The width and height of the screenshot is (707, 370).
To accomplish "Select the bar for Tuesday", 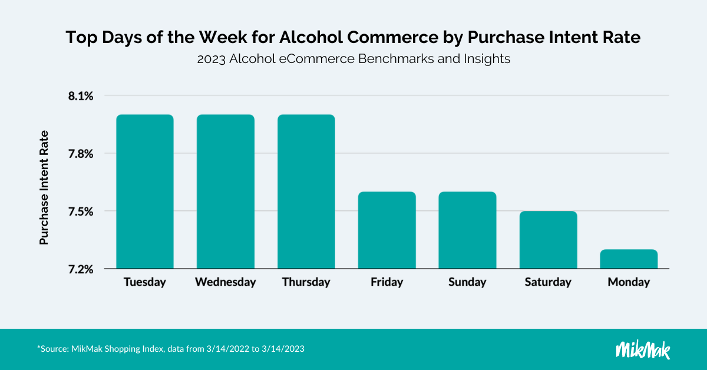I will pyautogui.click(x=145, y=191).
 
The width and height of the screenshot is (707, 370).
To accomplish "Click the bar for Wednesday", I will pyautogui.click(x=226, y=191).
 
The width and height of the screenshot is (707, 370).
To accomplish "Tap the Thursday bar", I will pyautogui.click(x=306, y=191).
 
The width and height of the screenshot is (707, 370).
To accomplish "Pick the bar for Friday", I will pyautogui.click(x=387, y=230).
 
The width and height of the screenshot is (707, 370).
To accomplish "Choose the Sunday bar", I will pyautogui.click(x=467, y=230).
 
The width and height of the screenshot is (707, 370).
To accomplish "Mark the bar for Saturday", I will pyautogui.click(x=548, y=240).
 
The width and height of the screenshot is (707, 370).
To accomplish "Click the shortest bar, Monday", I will pyautogui.click(x=629, y=259).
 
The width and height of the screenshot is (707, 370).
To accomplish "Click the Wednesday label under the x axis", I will pyautogui.click(x=226, y=282).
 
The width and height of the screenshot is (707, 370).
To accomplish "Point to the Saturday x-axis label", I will pyautogui.click(x=548, y=282).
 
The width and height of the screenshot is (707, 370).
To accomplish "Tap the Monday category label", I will pyautogui.click(x=629, y=282).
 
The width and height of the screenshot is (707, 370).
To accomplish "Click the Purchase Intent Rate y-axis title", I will pyautogui.click(x=44, y=187).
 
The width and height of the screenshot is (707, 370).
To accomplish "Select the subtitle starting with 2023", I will pyautogui.click(x=353, y=60).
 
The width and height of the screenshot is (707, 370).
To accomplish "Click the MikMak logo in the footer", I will pyautogui.click(x=643, y=349).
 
